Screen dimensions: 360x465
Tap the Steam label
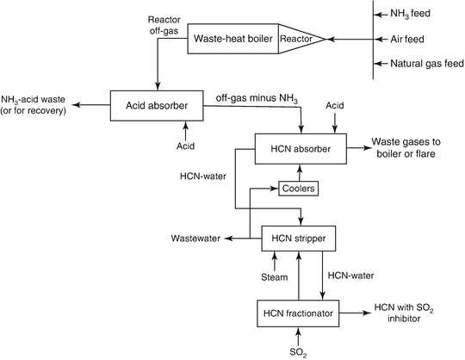[x=274, y=276]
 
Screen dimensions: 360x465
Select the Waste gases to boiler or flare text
[x=413, y=147]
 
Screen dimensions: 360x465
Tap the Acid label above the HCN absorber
[x=335, y=104]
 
